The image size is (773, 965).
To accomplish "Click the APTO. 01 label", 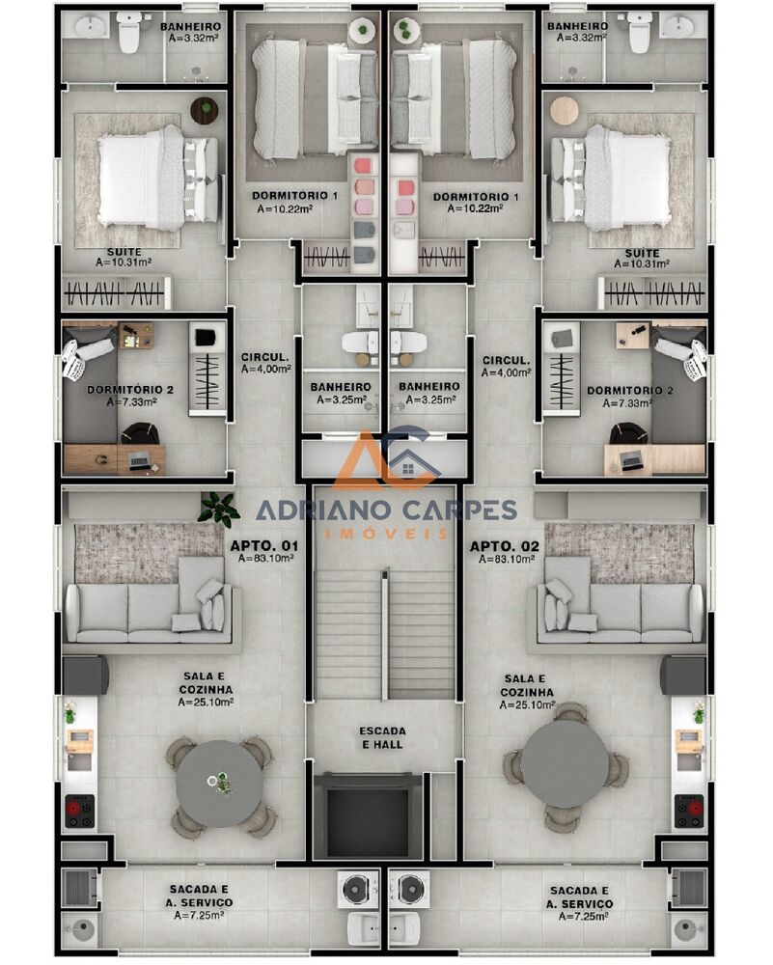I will point(263,546).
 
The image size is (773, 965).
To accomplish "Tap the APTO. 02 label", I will point(505,546).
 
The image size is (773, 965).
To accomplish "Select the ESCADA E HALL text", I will point(383,737).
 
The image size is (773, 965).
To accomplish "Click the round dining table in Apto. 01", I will point(220,784).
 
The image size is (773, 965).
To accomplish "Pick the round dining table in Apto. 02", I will point(566,764).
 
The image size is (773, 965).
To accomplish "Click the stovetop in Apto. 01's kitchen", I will point(79,811).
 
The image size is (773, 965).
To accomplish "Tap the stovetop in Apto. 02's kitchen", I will point(689,811).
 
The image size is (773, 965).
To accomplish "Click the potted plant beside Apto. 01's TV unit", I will point(219,508).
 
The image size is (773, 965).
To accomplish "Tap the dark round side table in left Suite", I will point(204,110).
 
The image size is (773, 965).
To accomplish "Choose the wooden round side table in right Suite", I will point(564,110).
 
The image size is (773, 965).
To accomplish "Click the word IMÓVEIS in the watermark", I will point(386,533).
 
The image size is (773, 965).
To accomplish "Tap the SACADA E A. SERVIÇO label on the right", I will point(579,896).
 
